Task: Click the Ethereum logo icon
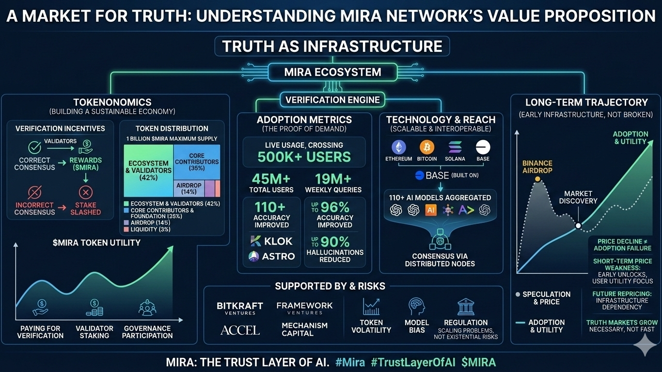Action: pyautogui.click(x=400, y=147)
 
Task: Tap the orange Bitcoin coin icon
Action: pyautogui.click(x=427, y=147)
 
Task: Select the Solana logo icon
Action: pyautogui.click(x=455, y=147)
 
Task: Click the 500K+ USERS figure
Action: pyautogui.click(x=304, y=157)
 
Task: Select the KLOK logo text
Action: pyautogui.click(x=272, y=241)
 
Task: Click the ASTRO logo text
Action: pyautogui.click(x=272, y=256)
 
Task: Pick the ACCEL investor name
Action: pyautogui.click(x=240, y=330)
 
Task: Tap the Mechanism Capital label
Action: pyautogui.click(x=304, y=329)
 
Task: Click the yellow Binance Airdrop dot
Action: pyautogui.click(x=537, y=179)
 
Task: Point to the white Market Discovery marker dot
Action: pyautogui.click(x=578, y=226)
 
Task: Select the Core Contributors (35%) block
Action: pyautogui.click(x=197, y=161)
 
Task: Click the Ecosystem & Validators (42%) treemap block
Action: pyautogui.click(x=148, y=170)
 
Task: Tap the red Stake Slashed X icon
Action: pyautogui.click(x=85, y=192)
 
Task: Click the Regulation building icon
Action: pyautogui.click(x=466, y=307)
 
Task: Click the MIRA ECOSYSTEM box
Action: pyautogui.click(x=332, y=73)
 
